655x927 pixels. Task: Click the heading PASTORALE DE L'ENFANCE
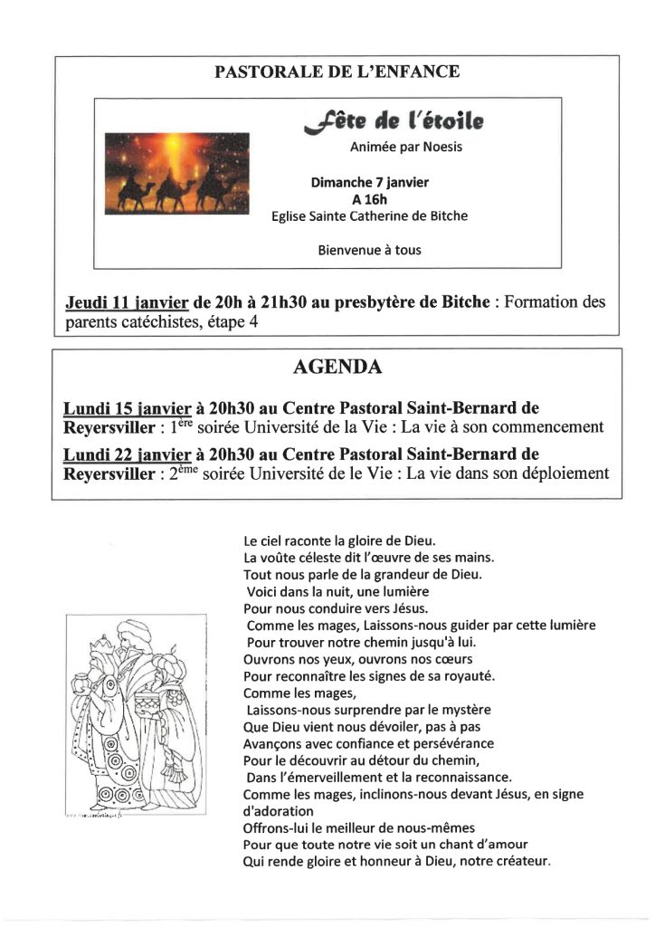tap(337, 72)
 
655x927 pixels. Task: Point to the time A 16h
tap(369, 199)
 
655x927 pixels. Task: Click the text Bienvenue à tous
tap(369, 250)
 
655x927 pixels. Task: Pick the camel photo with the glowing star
tap(176, 173)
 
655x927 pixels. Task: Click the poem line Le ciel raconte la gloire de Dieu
tap(339, 540)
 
